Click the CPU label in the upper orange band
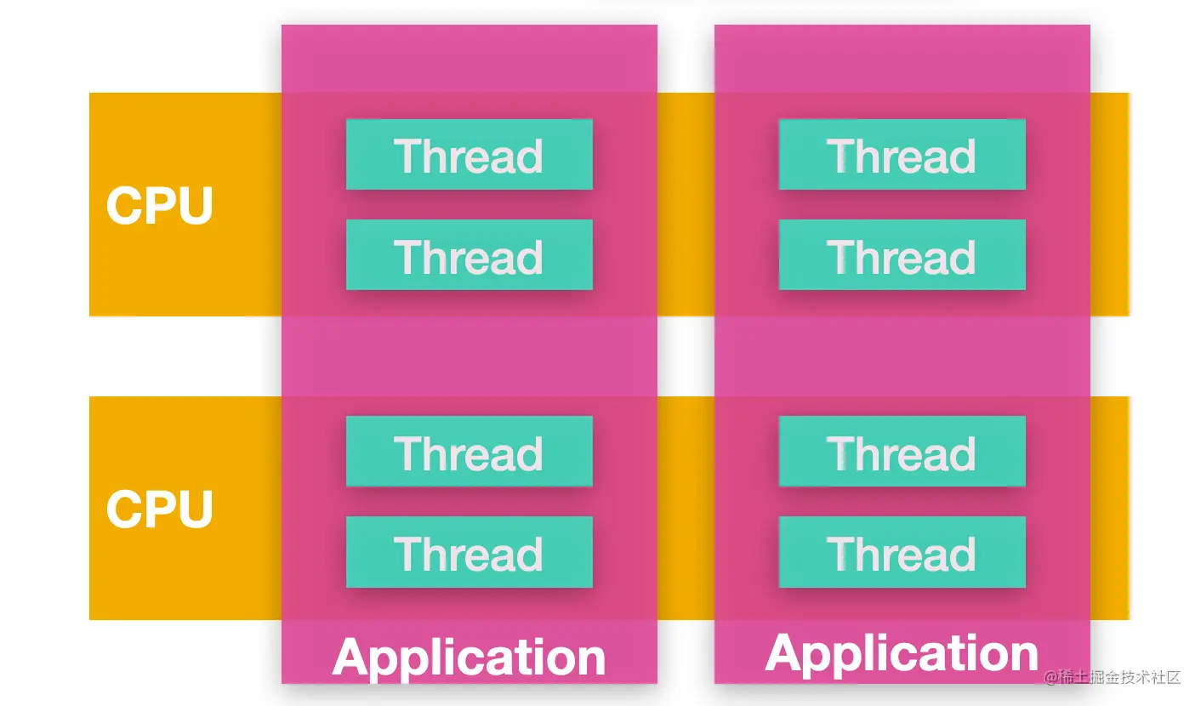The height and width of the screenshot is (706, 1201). pyautogui.click(x=159, y=205)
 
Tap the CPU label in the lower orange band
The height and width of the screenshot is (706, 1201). pyautogui.click(x=159, y=509)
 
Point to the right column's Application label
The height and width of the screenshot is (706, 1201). pyautogui.click(x=902, y=654)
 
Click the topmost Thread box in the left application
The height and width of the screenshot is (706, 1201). pyautogui.click(x=470, y=155)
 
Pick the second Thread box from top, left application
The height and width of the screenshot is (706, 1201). pyautogui.click(x=470, y=254)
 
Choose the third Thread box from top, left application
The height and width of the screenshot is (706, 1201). pyautogui.click(x=470, y=452)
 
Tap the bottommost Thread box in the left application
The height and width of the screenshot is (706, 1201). pyautogui.click(x=470, y=552)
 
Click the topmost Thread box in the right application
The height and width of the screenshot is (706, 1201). pyautogui.click(x=902, y=155)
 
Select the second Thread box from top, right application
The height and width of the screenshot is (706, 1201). pyautogui.click(x=902, y=254)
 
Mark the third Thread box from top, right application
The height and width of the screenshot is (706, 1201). pyautogui.click(x=902, y=452)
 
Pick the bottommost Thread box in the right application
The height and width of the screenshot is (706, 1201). pyautogui.click(x=902, y=552)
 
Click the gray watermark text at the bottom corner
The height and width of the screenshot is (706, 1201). pyautogui.click(x=1112, y=678)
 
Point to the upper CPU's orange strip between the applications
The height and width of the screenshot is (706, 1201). pyautogui.click(x=686, y=204)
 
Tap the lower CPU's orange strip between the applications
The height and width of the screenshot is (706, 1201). pyautogui.click(x=686, y=508)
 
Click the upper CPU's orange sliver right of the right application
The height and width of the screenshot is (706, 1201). pyautogui.click(x=1110, y=204)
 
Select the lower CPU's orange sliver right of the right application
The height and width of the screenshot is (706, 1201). pyautogui.click(x=1110, y=508)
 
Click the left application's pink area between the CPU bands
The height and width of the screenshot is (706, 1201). pyautogui.click(x=470, y=356)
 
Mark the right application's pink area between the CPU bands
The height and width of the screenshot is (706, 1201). pyautogui.click(x=902, y=356)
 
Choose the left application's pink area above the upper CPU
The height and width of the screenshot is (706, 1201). pyautogui.click(x=470, y=59)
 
